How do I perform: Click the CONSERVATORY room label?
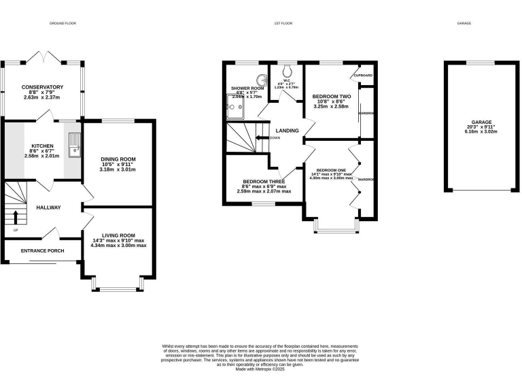click(42, 87)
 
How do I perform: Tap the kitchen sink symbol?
click(73, 143)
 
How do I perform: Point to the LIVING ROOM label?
click(118, 235)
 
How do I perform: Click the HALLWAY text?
click(49, 208)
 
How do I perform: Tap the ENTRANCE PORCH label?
click(42, 251)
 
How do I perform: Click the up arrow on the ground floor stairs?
click(16, 217)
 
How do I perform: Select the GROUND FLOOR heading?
click(63, 23)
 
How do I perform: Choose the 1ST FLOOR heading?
click(283, 23)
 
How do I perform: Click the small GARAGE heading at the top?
click(464, 23)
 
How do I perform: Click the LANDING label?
click(287, 131)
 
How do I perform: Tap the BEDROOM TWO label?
click(331, 97)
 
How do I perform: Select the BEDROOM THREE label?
click(264, 182)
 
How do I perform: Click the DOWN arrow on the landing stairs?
click(261, 138)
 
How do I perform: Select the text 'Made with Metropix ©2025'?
click(260, 370)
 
